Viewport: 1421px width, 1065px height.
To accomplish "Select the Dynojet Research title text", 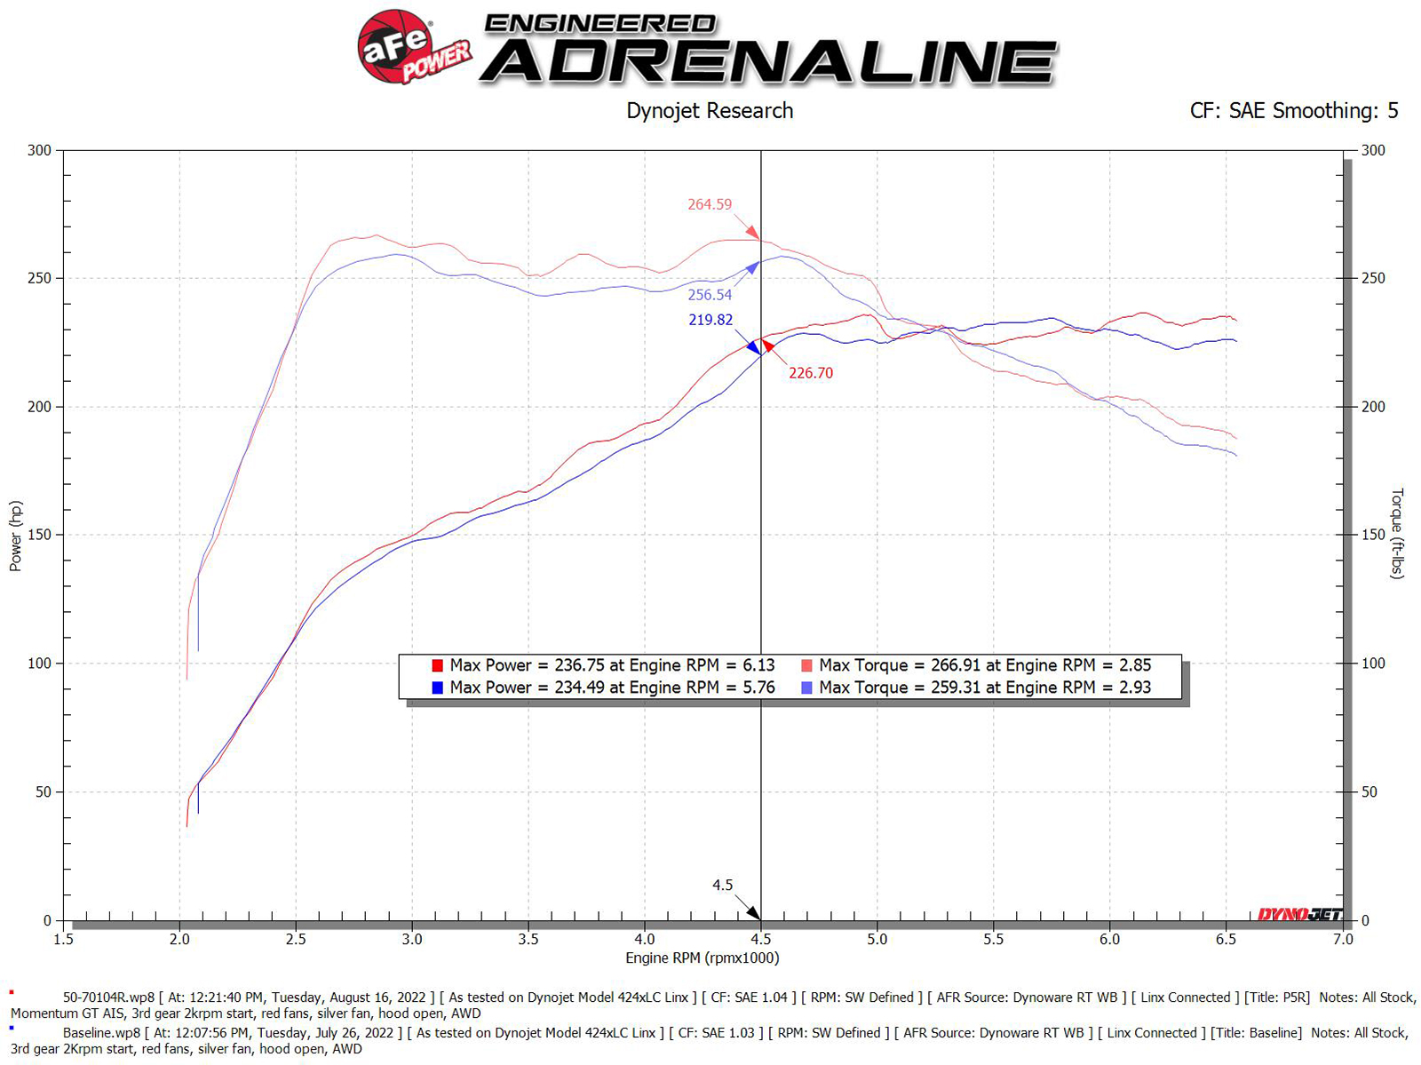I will coord(710,111).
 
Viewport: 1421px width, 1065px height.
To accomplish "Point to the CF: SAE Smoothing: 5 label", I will coord(1293,111).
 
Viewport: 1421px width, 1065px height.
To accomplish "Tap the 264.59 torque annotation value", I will coord(710,204).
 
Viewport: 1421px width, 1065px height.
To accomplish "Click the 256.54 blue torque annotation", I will coord(710,295).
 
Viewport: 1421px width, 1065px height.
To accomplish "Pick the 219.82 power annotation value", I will coord(710,320).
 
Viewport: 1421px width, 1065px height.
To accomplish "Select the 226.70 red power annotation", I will coord(811,373).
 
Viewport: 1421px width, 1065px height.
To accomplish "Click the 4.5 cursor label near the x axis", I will coord(722,885).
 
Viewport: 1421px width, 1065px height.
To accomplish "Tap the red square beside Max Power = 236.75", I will coord(437,665).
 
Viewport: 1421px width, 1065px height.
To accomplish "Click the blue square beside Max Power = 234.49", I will coord(437,687).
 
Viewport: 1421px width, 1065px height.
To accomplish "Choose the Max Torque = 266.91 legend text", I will coord(984,665).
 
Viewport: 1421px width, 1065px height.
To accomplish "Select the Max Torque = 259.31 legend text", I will coord(984,687).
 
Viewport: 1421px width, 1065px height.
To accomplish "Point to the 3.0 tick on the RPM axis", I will coord(412,939).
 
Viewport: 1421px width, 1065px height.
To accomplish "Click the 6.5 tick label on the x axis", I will coord(1226,939).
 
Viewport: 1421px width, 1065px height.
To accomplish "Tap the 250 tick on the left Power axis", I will coord(39,278).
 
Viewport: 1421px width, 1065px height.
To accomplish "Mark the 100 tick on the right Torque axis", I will coord(1373,664).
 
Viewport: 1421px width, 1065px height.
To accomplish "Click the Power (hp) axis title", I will coord(16,536).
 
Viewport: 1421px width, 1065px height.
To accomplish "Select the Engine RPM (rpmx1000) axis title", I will coord(702,958).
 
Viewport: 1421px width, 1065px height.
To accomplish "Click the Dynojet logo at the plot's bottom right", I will coord(1299,914).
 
